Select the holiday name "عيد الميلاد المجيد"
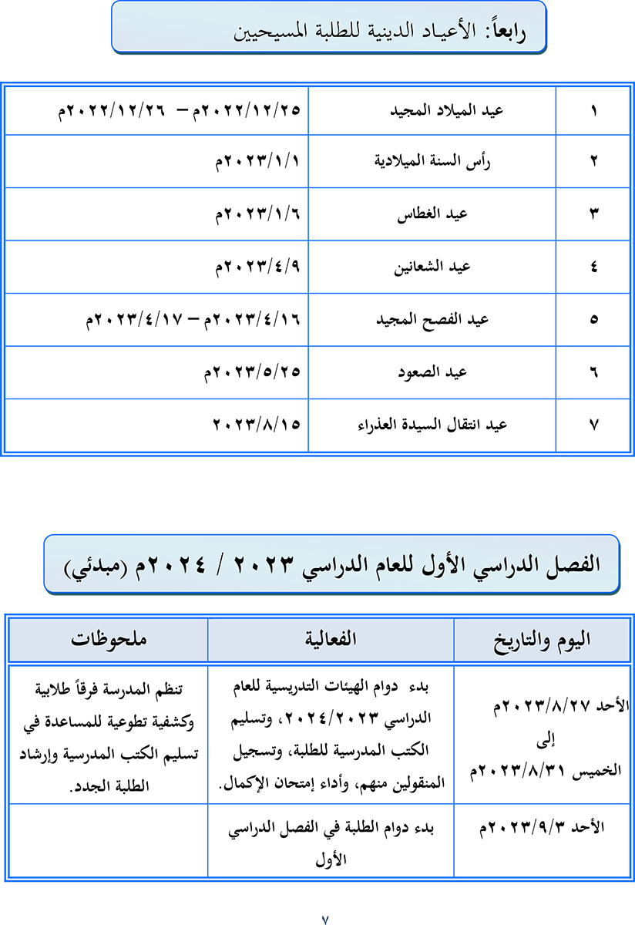click(x=447, y=110)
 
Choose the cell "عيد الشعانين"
click(x=438, y=267)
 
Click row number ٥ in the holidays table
click(x=593, y=319)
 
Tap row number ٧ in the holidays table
click(x=593, y=425)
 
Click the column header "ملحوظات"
click(x=108, y=639)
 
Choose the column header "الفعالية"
click(x=331, y=639)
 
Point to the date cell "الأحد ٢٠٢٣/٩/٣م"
click(x=543, y=828)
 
